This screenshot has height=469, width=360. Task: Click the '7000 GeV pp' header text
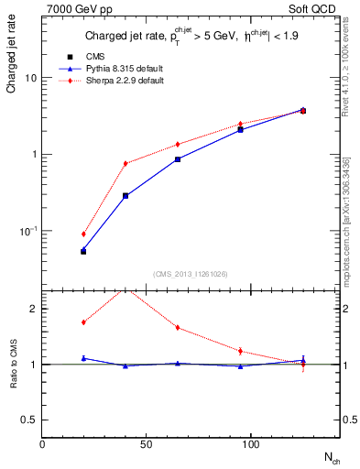(x=73, y=8)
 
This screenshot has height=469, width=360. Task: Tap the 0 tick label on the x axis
(x=42, y=443)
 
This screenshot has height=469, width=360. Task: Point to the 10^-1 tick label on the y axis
(x=29, y=231)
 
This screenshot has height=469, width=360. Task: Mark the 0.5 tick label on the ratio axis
(x=30, y=420)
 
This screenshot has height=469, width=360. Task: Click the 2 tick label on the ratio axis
(x=34, y=309)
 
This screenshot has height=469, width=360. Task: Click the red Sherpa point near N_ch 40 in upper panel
(x=125, y=163)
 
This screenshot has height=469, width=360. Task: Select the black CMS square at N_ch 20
(x=83, y=251)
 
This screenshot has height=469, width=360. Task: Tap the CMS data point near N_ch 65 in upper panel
(x=178, y=158)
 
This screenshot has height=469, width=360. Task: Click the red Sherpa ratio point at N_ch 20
(x=83, y=322)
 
